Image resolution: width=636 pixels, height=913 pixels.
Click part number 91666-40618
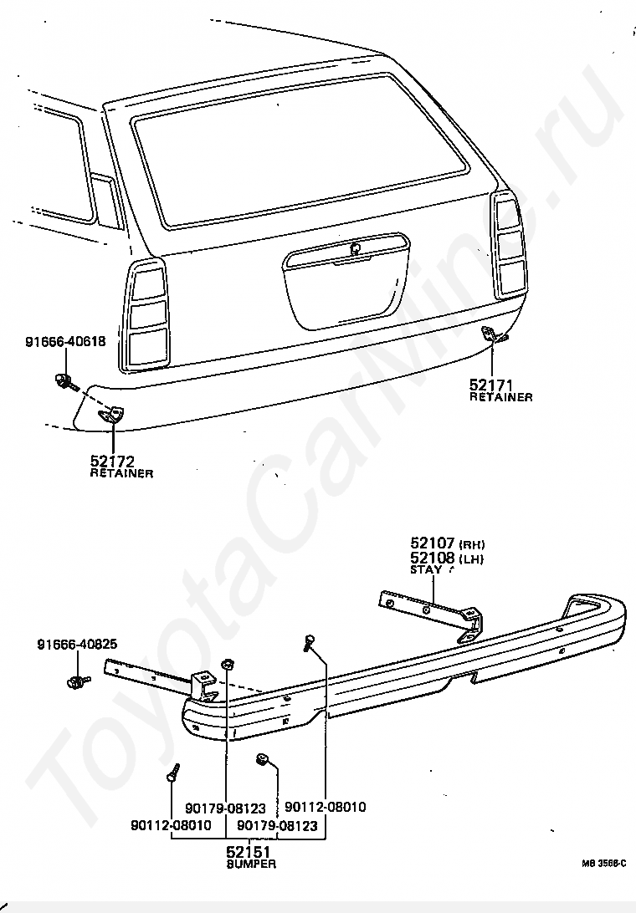[x=65, y=341]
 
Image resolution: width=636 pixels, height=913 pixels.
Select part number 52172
[x=112, y=461]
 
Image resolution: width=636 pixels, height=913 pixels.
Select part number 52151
[x=250, y=852]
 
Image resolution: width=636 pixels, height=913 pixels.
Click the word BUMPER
[x=250, y=864]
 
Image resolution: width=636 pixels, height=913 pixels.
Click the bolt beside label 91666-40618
[x=64, y=382]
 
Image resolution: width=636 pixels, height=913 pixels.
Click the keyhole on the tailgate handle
[x=356, y=246]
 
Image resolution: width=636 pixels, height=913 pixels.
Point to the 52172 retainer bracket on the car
[x=111, y=411]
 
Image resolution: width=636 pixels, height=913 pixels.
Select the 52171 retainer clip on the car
[x=496, y=335]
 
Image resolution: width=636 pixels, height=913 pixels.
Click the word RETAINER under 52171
[x=500, y=397]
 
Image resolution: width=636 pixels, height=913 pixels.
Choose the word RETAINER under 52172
[x=121, y=473]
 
